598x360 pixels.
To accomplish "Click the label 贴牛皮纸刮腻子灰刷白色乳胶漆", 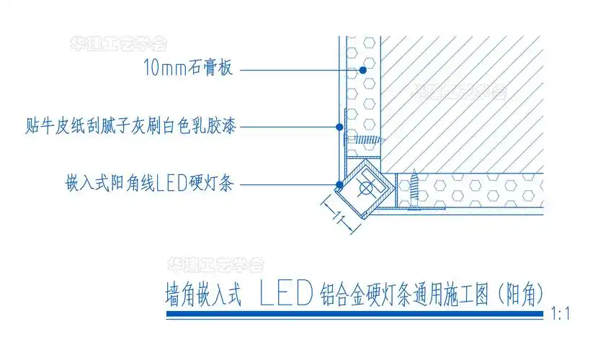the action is point(129,127).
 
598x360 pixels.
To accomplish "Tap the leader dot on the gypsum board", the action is point(360,70).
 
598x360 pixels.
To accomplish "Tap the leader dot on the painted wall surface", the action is point(339,127).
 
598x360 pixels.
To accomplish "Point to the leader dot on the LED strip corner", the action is point(338,185).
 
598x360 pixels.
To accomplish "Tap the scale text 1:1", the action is point(560,314).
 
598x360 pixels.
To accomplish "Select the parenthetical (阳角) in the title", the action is point(517,294).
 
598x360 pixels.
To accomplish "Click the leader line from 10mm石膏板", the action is point(295,70).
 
